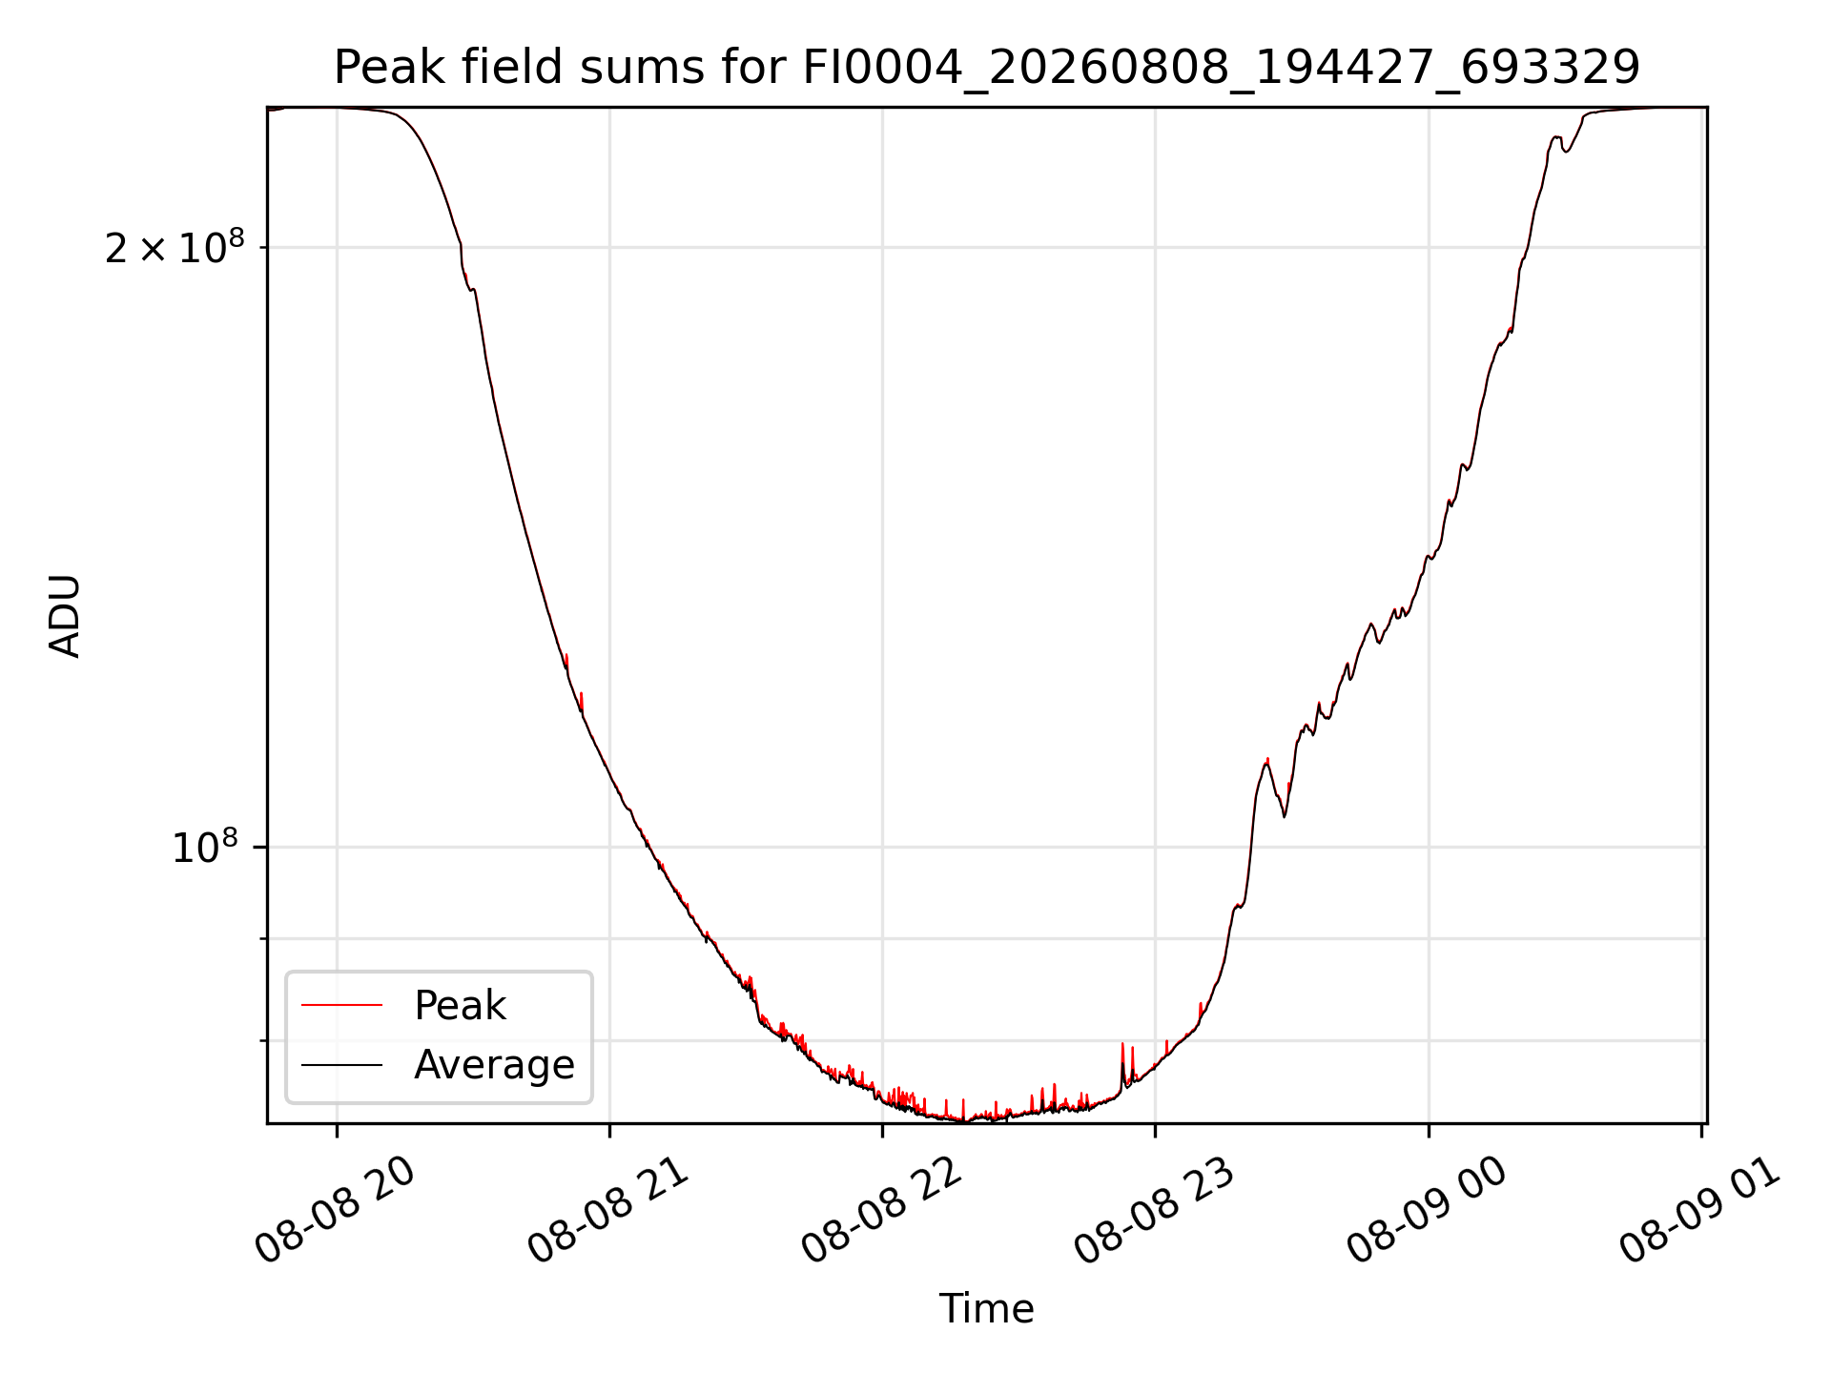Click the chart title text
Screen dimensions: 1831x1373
coord(987,68)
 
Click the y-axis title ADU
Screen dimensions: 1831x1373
coord(65,615)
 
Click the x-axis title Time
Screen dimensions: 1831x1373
coord(987,1309)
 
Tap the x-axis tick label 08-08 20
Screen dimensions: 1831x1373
coord(336,1210)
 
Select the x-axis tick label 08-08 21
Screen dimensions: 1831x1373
coord(608,1210)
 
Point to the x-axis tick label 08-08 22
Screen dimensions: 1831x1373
coord(882,1210)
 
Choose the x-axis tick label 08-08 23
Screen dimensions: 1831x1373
coord(1155,1210)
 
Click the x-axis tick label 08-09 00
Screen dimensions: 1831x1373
coord(1428,1210)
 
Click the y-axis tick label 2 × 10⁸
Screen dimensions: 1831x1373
coord(175,247)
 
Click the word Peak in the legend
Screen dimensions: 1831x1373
coord(460,1006)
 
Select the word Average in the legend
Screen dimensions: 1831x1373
coord(494,1065)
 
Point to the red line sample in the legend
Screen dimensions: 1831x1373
coord(341,1005)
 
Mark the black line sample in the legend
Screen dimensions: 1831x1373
coord(341,1064)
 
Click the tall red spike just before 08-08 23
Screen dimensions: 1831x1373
coord(1122,1063)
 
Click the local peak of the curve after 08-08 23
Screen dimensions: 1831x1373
coord(1267,760)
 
